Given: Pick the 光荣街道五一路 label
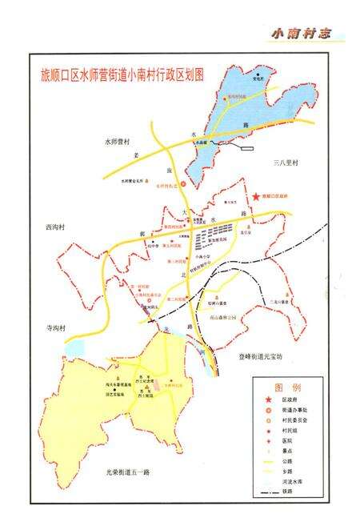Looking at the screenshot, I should click(x=127, y=472).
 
